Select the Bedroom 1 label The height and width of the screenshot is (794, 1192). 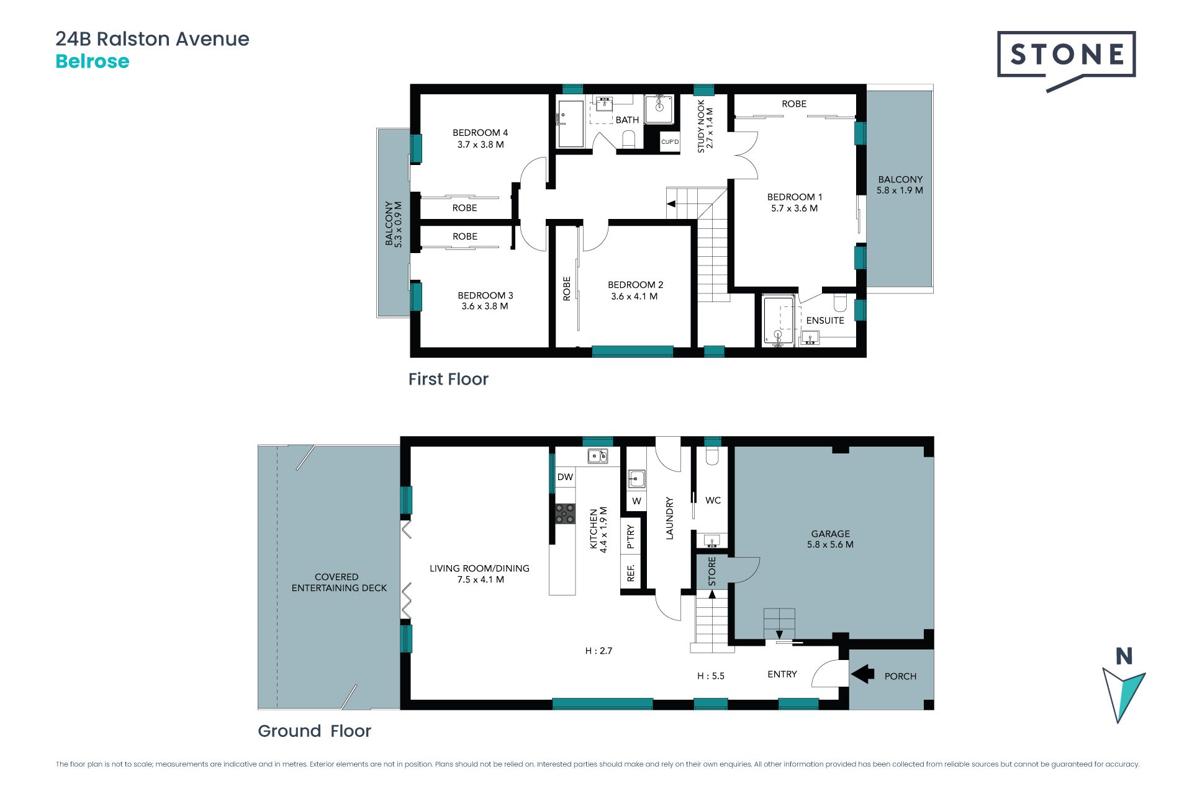tap(795, 203)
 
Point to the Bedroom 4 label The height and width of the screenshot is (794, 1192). tap(481, 138)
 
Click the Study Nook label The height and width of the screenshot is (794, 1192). tap(705, 127)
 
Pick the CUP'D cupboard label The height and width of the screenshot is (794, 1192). tap(670, 142)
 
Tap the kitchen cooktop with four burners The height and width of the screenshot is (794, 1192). tap(565, 514)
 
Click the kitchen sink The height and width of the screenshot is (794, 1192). tap(598, 457)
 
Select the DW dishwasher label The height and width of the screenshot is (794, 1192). tap(565, 477)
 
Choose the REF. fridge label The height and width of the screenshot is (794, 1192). tap(631, 573)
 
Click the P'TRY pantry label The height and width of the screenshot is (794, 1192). tap(631, 537)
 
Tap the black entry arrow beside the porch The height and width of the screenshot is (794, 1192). tap(862, 674)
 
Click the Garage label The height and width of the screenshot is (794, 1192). tap(831, 539)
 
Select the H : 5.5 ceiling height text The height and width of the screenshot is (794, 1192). tap(711, 676)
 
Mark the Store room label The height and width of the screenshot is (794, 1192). tap(712, 571)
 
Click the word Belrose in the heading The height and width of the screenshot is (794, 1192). tap(93, 61)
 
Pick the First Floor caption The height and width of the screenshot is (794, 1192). tap(448, 379)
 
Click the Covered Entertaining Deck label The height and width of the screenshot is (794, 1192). tap(339, 582)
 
